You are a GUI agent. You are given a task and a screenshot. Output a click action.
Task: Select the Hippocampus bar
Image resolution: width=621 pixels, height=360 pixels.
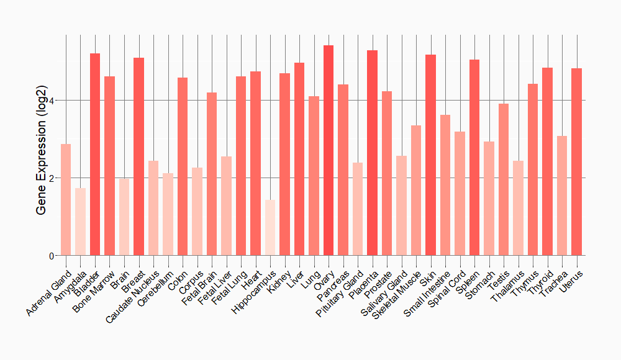pos(270,227)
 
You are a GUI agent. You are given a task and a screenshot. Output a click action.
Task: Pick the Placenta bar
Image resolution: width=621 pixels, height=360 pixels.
pos(373,153)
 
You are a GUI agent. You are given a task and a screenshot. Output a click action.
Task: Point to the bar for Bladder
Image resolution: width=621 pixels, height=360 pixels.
pos(95,155)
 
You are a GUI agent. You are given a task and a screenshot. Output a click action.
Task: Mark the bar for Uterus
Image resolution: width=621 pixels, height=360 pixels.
pos(577,162)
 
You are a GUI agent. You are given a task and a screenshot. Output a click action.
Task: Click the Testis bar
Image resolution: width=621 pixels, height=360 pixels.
pos(504,179)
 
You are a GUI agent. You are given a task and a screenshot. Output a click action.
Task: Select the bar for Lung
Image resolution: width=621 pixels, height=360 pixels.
pos(314,176)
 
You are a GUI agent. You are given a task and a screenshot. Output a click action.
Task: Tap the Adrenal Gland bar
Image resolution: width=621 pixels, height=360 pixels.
pos(66,199)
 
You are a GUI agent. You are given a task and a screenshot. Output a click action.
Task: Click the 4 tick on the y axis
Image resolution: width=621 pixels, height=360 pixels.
pos(52,101)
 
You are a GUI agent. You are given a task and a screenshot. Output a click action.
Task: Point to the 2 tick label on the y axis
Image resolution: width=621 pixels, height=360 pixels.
pos(52,178)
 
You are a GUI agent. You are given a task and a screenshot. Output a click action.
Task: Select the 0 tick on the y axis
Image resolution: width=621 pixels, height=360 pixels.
pos(52,256)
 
